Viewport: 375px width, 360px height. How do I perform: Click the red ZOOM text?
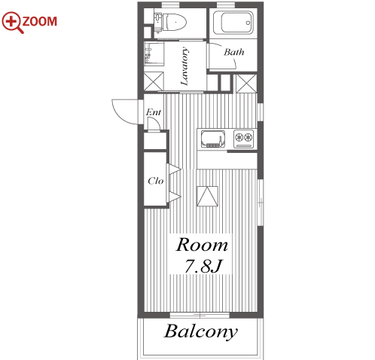click(x=40, y=21)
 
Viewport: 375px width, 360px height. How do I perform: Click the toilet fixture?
click(x=171, y=22)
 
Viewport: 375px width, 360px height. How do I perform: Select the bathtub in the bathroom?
click(x=233, y=23)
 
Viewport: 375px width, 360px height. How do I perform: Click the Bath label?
click(x=234, y=52)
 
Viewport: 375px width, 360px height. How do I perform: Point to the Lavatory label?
click(x=184, y=66)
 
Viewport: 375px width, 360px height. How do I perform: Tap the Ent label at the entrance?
click(x=154, y=112)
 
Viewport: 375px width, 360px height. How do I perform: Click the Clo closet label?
click(x=156, y=181)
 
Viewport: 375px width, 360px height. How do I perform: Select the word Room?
click(x=202, y=245)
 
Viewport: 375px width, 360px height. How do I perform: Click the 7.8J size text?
click(x=203, y=266)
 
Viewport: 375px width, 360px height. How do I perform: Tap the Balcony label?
click(x=201, y=331)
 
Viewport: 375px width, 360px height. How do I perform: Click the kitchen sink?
click(x=213, y=139)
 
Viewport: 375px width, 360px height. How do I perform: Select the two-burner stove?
click(x=244, y=139)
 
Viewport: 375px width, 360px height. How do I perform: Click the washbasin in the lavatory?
click(x=154, y=53)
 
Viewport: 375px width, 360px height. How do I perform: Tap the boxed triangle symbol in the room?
click(x=207, y=196)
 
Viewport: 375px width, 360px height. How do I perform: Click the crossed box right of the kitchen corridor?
click(x=246, y=84)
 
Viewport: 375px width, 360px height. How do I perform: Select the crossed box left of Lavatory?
click(x=154, y=81)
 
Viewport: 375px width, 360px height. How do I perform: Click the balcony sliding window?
click(x=200, y=315)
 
